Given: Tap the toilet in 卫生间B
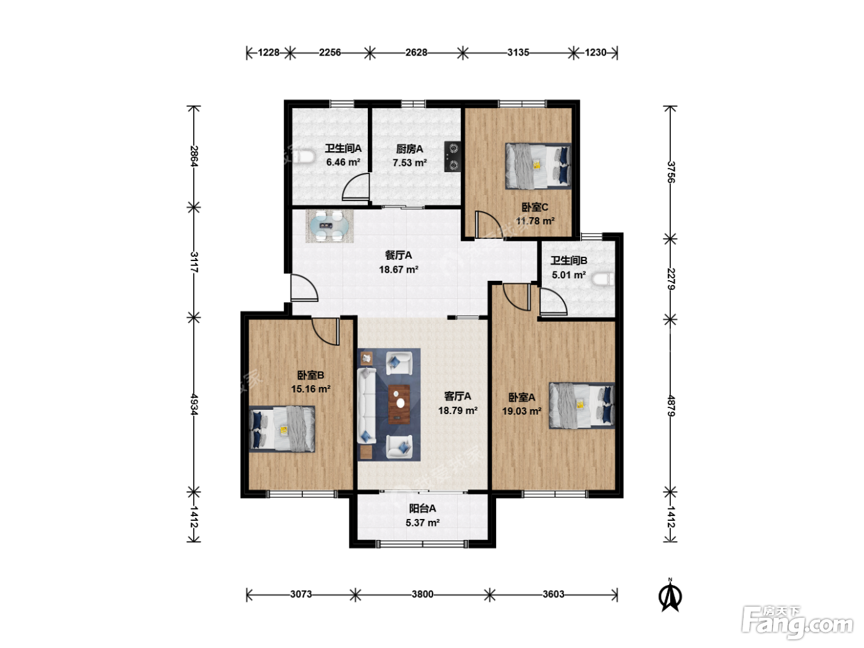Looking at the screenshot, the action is pos(604,280).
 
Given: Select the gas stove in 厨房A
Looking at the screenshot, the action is pos(452,157).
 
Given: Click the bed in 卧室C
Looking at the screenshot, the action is pos(538,166).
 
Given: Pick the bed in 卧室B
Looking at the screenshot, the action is pos(282,429).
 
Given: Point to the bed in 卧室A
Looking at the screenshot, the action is pos(582,405).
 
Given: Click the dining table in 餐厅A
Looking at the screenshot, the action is pos(330,226).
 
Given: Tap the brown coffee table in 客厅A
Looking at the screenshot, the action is pos(399,404).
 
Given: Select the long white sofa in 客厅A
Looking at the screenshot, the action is pos(367,405).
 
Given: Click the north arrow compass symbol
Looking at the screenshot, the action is pos(670,596).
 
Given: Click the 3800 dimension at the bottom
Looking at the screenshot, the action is pos(422,594).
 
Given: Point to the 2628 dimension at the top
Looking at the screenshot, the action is pos(416,52).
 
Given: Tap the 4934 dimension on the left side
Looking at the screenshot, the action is pos(194,404).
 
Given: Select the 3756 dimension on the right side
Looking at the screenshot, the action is pos(671,172).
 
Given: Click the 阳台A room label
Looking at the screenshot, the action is pos(422,509).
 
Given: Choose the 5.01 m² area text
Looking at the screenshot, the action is pos(569,275).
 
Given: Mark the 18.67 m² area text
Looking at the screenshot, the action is pos(398,270).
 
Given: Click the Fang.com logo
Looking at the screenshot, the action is pos(797,622).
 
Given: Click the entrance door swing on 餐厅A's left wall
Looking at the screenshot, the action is pos(304,287).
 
